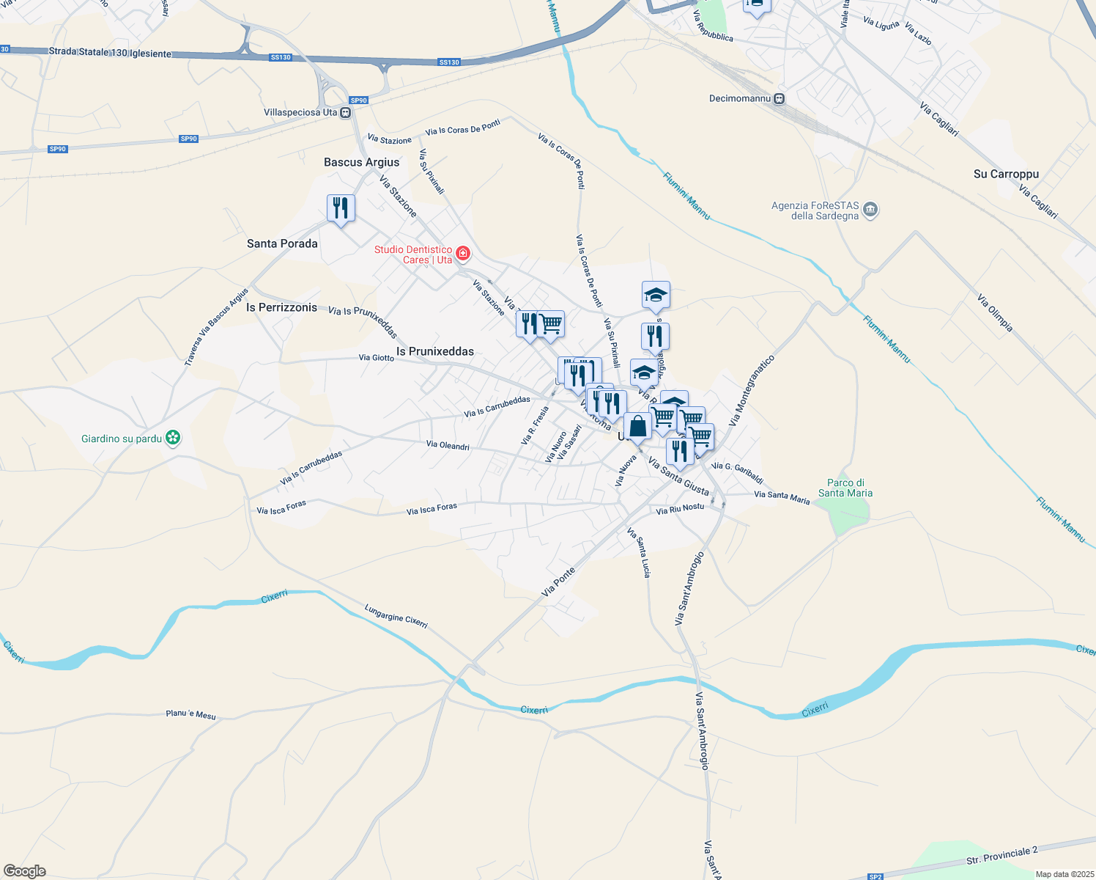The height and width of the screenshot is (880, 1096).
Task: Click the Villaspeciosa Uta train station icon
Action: (346, 112)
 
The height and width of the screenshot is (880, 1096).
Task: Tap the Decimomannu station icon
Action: (780, 98)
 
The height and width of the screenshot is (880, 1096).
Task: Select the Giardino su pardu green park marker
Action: (173, 439)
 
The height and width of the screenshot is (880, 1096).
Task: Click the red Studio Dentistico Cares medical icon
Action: (462, 254)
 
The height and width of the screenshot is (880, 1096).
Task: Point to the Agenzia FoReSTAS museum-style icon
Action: (870, 210)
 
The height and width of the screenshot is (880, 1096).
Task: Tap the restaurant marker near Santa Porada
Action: (341, 208)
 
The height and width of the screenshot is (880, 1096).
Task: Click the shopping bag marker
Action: (637, 427)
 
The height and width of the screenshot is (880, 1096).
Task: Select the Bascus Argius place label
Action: (362, 162)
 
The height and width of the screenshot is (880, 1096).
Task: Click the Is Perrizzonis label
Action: (282, 307)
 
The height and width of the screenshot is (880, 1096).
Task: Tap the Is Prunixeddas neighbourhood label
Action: (435, 351)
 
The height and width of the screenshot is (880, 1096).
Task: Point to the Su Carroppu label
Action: (1006, 174)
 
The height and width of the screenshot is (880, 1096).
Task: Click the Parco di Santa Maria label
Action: (845, 488)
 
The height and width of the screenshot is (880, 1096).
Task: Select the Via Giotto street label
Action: (377, 358)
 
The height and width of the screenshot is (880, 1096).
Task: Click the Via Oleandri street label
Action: (448, 445)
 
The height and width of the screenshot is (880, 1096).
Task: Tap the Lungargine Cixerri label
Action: (396, 616)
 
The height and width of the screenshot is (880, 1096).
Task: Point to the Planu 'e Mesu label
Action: (190, 714)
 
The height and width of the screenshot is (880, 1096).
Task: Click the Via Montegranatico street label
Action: (752, 391)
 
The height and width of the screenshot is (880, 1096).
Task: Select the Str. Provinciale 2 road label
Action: (1001, 856)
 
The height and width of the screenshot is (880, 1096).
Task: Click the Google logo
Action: (25, 871)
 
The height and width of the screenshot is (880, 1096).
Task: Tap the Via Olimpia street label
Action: (994, 312)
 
